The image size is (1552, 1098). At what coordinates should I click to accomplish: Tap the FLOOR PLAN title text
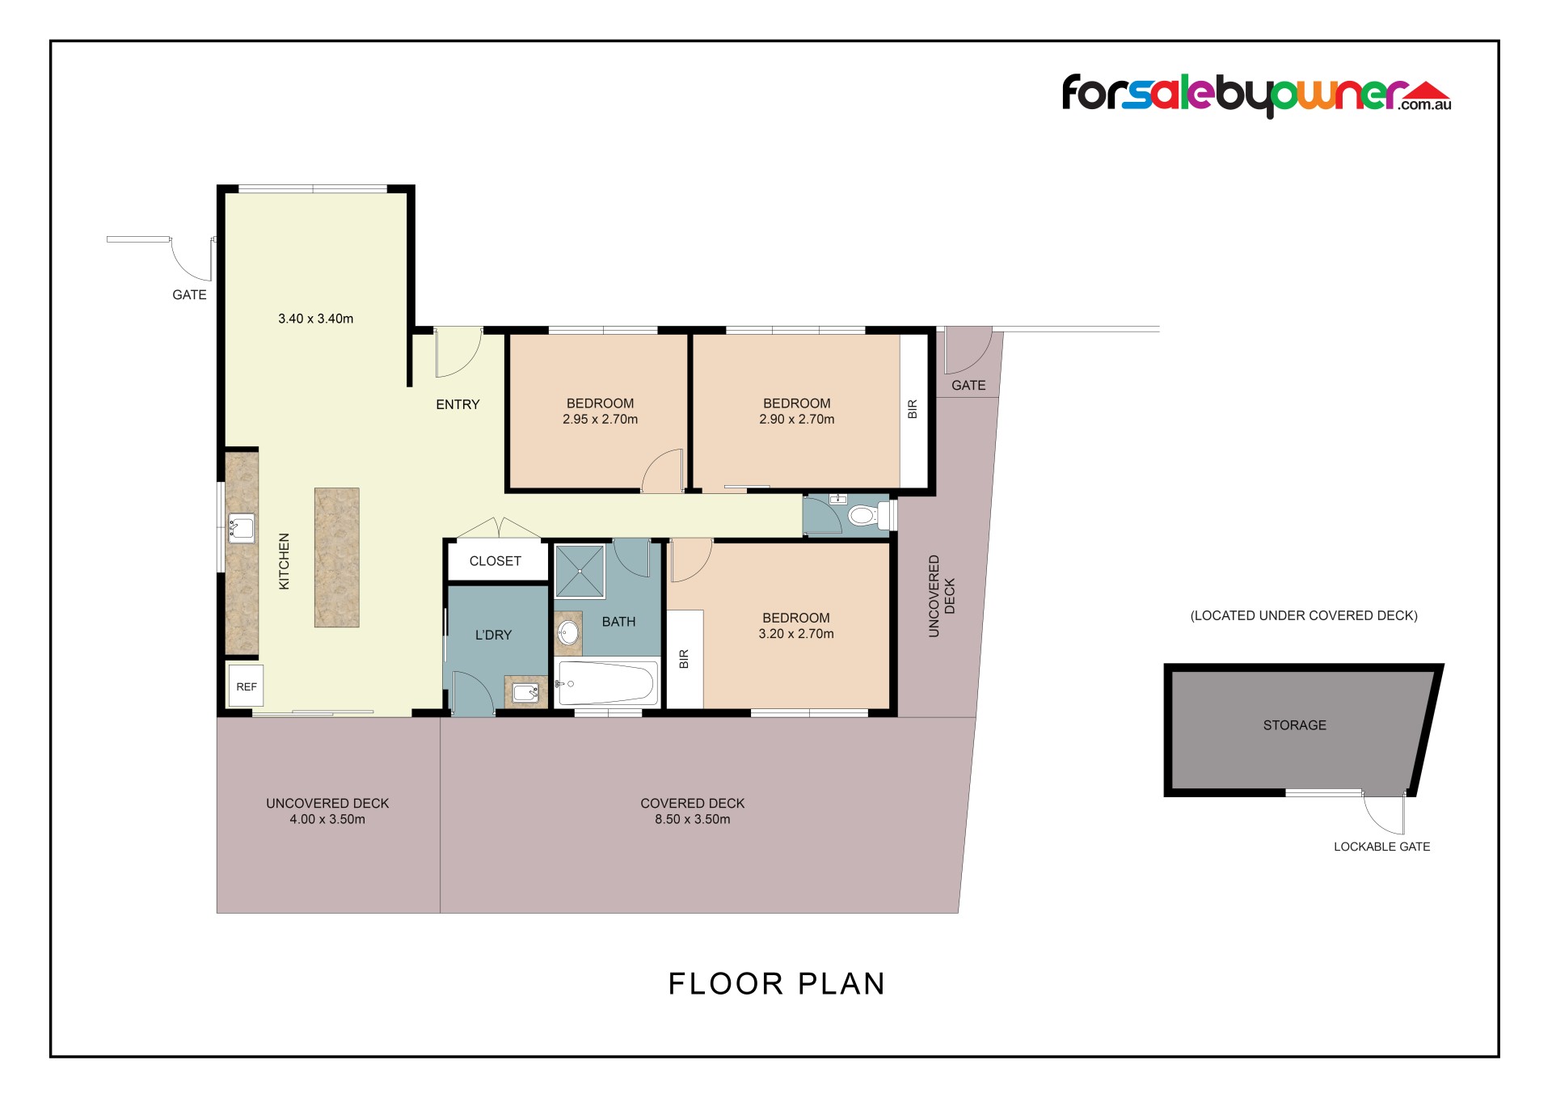click(777, 984)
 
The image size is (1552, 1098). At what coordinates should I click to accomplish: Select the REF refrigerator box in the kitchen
click(246, 686)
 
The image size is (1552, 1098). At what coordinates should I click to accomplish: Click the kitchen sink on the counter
click(241, 528)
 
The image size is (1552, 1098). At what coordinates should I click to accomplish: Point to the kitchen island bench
click(336, 557)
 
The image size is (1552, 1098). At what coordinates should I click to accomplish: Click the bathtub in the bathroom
click(606, 684)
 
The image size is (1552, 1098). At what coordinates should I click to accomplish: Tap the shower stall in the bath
click(580, 572)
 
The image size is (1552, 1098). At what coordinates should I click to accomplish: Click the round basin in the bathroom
click(569, 632)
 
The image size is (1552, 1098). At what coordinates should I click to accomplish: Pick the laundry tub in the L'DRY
click(525, 692)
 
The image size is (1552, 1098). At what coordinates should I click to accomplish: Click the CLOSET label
click(496, 561)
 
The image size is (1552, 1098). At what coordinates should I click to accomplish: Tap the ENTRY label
click(458, 404)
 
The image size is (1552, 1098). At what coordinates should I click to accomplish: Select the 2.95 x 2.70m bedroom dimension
click(601, 420)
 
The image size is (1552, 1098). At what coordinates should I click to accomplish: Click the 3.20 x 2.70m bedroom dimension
click(796, 634)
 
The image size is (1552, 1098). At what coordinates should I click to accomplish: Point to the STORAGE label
click(1295, 725)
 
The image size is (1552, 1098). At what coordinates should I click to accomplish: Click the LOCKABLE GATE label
click(1382, 847)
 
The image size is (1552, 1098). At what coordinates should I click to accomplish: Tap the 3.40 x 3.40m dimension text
click(316, 319)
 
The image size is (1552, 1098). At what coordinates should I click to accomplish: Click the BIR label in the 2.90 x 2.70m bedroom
click(913, 409)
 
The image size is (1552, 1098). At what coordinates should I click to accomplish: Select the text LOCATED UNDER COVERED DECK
click(1304, 615)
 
